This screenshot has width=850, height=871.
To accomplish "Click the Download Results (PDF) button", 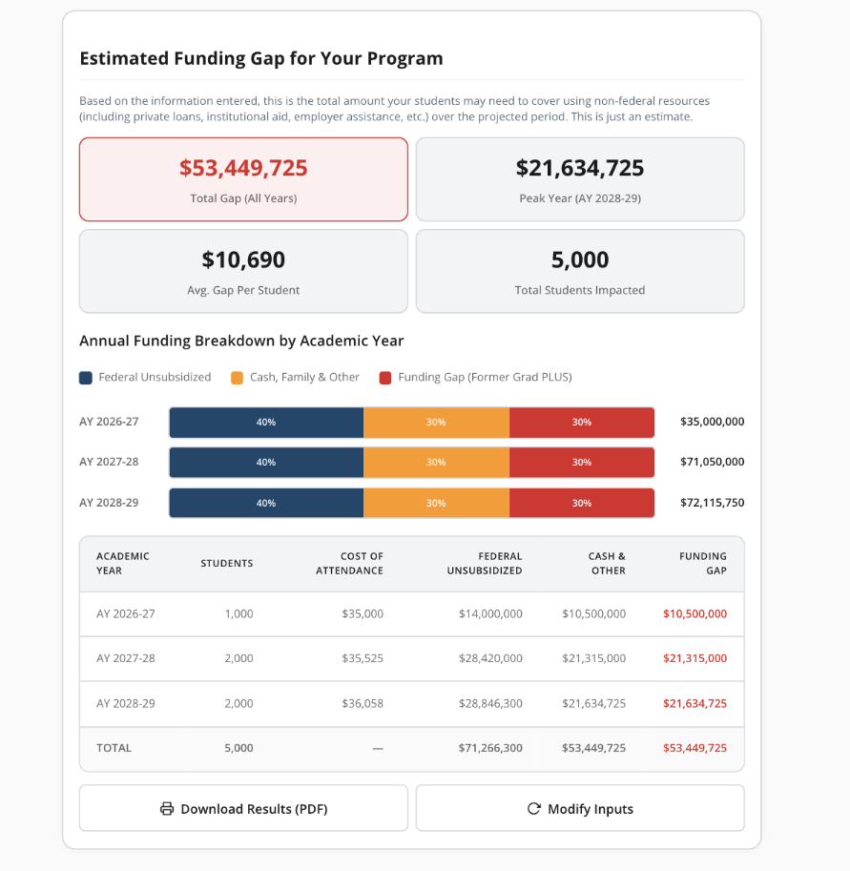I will (x=243, y=809).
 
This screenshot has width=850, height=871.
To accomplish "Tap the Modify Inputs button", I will (x=580, y=809).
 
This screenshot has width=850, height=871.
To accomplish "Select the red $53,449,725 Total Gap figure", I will (x=243, y=169).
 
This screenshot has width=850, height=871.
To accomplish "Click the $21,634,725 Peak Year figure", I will (x=580, y=169).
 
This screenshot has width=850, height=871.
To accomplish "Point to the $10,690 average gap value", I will (x=243, y=259).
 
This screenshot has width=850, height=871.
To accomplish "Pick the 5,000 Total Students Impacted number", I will (x=580, y=259).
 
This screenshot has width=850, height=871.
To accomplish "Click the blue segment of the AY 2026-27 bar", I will (x=266, y=422).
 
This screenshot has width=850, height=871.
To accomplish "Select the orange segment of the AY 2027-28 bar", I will (x=436, y=462).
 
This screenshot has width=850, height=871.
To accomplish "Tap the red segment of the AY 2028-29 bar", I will (x=581, y=503).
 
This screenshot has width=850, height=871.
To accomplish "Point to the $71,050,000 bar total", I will (x=712, y=462).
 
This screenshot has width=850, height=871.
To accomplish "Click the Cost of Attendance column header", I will (x=362, y=563).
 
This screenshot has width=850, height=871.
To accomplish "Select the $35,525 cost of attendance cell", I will (x=363, y=658).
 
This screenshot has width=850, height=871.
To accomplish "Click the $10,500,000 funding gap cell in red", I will (x=695, y=613).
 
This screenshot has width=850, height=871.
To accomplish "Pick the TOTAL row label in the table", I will (x=114, y=748).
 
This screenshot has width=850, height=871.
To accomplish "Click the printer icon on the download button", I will (x=167, y=809).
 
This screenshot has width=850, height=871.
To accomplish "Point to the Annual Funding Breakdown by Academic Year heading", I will (x=241, y=341).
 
